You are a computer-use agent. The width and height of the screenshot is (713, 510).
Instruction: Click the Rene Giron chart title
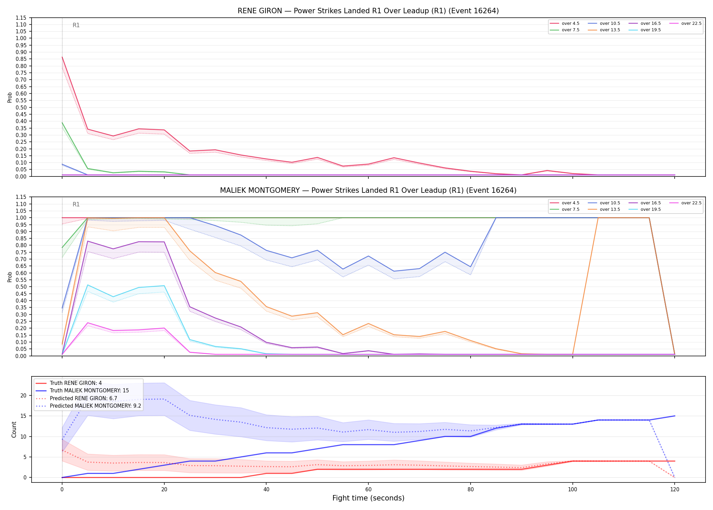pos(368,11)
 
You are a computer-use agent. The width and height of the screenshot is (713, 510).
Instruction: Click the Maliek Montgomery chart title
pos(368,190)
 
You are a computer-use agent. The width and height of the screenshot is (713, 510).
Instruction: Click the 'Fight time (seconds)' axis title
pos(368,498)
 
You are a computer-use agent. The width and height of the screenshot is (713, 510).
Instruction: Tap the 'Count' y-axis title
pos(14,429)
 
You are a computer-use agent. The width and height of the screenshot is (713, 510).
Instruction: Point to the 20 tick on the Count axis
pos(23,395)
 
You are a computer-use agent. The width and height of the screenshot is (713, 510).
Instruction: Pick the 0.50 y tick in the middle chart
pos(21,287)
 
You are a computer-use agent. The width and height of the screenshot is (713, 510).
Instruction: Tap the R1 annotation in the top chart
pos(76,25)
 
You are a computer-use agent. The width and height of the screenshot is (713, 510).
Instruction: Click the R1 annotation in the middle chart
pos(76,204)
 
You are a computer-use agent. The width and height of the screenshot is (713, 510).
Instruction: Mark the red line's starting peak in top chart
pos(62,57)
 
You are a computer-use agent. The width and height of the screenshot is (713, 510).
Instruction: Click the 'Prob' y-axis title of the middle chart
pos(10,277)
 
